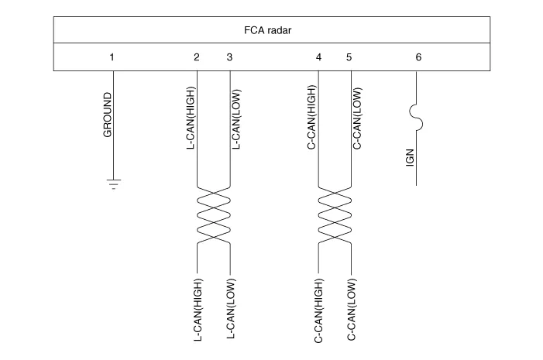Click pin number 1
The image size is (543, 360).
pyautogui.click(x=112, y=57)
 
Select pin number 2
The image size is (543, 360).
pyautogui.click(x=197, y=57)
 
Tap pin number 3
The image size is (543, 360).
pyautogui.click(x=229, y=57)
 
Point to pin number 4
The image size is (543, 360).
pyautogui.click(x=319, y=57)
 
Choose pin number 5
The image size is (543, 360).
pyautogui.click(x=349, y=57)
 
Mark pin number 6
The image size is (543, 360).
pyautogui.click(x=418, y=57)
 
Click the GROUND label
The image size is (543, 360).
pyautogui.click(x=107, y=115)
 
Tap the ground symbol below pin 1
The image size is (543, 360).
pyautogui.click(x=113, y=184)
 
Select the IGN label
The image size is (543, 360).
pyautogui.click(x=411, y=158)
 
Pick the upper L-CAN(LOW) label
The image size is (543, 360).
pyautogui.click(x=237, y=118)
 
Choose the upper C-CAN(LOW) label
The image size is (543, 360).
pyautogui.click(x=357, y=118)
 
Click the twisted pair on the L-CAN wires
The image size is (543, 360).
pyautogui.click(x=213, y=214)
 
